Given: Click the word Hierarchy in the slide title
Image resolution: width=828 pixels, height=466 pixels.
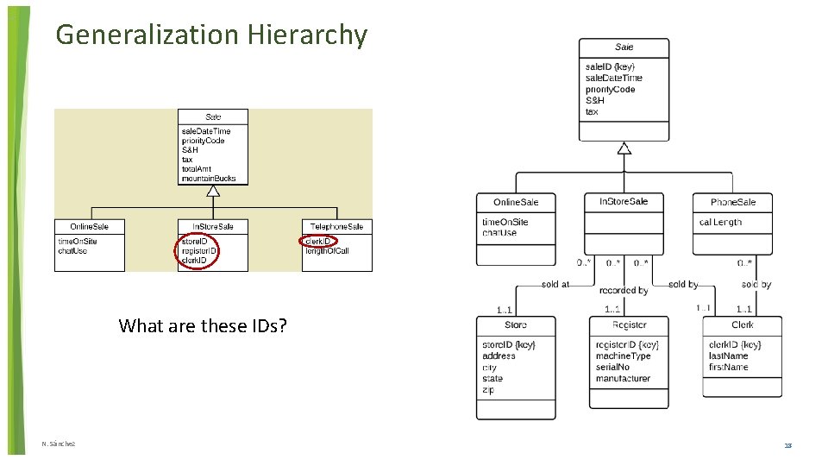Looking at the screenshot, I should [x=307, y=35].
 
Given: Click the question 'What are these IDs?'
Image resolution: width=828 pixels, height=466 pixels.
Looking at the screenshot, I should [x=204, y=325].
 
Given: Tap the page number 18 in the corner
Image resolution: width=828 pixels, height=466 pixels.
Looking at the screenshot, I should [x=787, y=445].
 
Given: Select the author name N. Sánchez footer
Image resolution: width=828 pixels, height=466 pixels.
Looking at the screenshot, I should [x=59, y=444].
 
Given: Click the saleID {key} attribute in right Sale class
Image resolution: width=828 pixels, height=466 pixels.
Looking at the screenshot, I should [x=610, y=66].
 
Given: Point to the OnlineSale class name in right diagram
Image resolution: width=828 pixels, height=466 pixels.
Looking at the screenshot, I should [x=516, y=202].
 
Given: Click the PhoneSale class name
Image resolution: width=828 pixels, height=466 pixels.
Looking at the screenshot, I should [x=732, y=202].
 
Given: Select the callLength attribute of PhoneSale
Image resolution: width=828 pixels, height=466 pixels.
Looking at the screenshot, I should [x=720, y=222].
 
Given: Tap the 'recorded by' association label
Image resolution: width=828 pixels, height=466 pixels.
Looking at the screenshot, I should [x=624, y=291].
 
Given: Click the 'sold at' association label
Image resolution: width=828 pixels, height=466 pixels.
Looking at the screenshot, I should [x=555, y=284].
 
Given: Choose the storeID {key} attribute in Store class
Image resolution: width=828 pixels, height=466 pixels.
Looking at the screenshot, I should [x=509, y=345].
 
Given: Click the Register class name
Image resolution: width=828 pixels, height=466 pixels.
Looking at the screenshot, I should [x=629, y=325].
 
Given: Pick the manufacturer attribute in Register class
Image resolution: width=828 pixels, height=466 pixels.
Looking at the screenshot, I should [x=624, y=378].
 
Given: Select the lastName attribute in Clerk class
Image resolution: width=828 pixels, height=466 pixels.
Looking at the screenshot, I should [x=728, y=356].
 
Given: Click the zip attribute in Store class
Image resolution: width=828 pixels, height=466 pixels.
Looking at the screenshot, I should [x=489, y=390].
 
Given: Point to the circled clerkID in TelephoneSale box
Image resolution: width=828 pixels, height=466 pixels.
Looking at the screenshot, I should [x=318, y=242].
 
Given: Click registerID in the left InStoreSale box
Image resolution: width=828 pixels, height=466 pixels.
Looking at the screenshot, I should [x=199, y=251].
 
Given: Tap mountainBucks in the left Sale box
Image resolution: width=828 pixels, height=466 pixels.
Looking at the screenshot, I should [x=208, y=179].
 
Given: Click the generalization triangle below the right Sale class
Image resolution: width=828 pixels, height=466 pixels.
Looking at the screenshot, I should [x=624, y=148].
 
